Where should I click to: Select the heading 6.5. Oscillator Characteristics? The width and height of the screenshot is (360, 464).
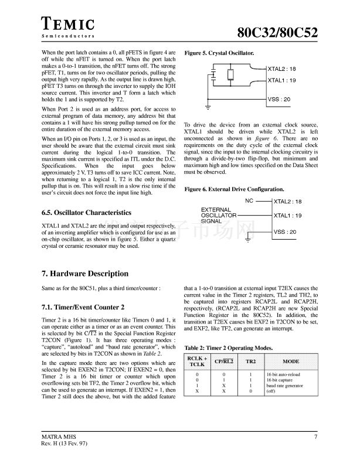tap(86, 213)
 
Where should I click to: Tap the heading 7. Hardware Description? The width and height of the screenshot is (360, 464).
tap(85, 274)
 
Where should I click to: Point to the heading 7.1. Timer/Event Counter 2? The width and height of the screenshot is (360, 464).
tap(83, 307)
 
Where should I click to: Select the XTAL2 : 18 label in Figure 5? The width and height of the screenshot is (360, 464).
tap(281, 69)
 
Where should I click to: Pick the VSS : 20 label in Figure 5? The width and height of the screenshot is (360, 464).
tap(279, 100)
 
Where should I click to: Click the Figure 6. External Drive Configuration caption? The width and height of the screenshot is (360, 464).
tap(235, 189)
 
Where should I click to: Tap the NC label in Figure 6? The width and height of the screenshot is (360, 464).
tap(249, 201)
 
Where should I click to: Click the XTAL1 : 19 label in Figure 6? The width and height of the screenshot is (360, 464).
tap(288, 216)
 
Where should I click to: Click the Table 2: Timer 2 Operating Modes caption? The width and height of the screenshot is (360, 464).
tap(228, 348)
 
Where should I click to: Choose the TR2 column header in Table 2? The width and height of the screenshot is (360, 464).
tap(250, 361)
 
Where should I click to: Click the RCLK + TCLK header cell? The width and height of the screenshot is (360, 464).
tap(197, 361)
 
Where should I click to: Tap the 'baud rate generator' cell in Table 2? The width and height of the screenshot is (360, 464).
tap(286, 385)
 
